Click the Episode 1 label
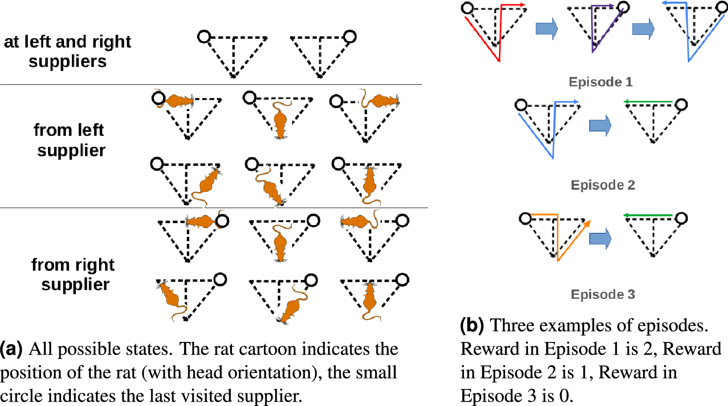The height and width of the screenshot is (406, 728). (x=600, y=82)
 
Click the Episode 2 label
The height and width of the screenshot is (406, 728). (x=603, y=185)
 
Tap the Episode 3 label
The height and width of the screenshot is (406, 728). (x=603, y=294)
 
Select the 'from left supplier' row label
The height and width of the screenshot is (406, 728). (x=69, y=140)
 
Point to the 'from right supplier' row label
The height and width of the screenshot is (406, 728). (x=73, y=275)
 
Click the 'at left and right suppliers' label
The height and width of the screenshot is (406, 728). (x=67, y=51)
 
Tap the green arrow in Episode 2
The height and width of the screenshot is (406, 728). (x=648, y=102)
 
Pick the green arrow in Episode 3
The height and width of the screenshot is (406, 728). (x=648, y=215)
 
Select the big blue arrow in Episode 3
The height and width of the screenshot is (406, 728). (x=600, y=239)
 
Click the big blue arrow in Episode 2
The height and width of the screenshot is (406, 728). (x=600, y=126)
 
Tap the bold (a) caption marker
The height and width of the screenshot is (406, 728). (x=11, y=349)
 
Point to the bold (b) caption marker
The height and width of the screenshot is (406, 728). (x=471, y=325)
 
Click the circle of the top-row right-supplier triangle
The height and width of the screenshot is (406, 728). (x=349, y=36)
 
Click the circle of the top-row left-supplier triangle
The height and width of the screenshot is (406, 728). (x=204, y=36)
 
